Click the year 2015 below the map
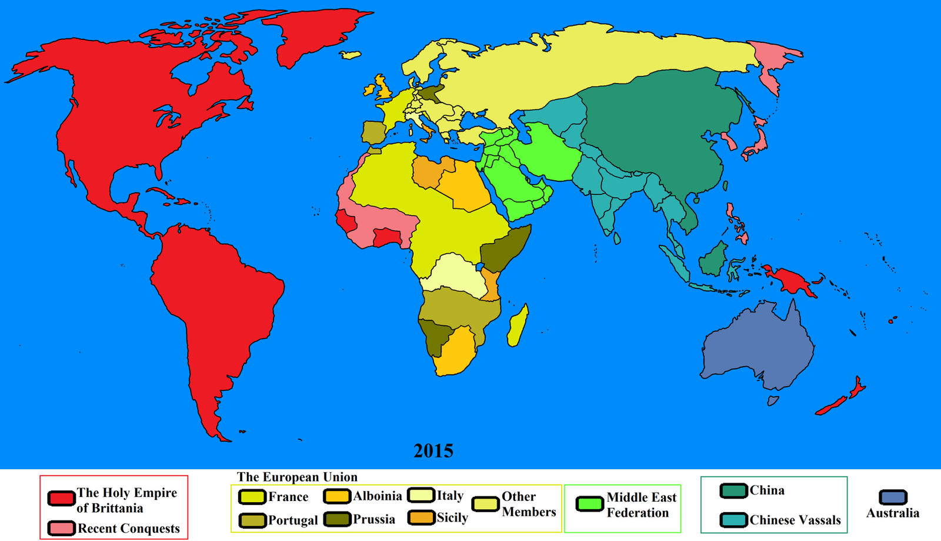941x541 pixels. pos(433,451)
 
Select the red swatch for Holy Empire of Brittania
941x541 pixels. pos(61,499)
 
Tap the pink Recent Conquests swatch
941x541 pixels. pos(61,528)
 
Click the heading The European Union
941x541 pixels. pos(297,477)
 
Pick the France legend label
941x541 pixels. pos(288,497)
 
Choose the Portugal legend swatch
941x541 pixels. pos(252,520)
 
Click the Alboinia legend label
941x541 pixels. pos(377,496)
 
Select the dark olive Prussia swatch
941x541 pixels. pos(337,519)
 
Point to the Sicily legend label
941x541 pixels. pos(452,518)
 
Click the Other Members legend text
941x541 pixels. pos(528,505)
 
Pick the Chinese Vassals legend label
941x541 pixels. pos(795,520)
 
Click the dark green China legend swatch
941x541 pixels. pos(733,490)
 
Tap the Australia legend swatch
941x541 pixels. pos(893,497)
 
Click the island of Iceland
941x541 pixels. pos(351,55)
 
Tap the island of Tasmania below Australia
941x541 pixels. pos(773,401)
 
